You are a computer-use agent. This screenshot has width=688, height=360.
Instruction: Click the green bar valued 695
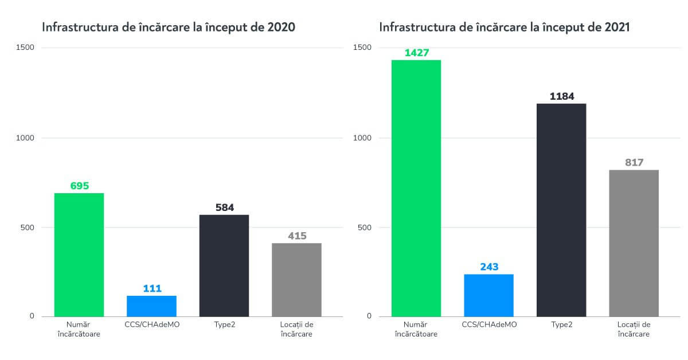[x=79, y=255]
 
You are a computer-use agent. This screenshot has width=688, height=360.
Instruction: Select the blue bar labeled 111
[x=151, y=306]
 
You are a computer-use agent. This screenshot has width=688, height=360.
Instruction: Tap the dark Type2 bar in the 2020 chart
[x=224, y=265]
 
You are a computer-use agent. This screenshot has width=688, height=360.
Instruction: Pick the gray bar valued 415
[x=296, y=280]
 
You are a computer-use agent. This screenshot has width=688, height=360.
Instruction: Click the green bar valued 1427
[x=416, y=188]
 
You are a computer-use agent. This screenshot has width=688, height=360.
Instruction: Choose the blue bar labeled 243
[x=489, y=295]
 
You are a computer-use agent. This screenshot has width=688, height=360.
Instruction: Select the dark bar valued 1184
[x=561, y=210]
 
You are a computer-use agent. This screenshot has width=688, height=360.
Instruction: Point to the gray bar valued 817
[x=634, y=243]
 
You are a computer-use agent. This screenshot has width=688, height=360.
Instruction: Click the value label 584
[x=224, y=208]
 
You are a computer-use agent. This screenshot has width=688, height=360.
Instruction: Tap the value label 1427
[x=416, y=53]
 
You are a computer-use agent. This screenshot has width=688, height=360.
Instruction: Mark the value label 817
[x=634, y=163]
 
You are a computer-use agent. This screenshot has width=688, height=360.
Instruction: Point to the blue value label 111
[x=151, y=288]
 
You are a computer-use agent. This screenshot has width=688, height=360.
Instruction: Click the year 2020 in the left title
[x=282, y=27]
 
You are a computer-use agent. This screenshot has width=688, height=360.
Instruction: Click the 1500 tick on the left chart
[x=26, y=48]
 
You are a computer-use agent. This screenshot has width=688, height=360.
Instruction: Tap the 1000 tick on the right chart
[x=363, y=138]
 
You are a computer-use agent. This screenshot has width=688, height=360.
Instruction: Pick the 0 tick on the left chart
[x=32, y=316]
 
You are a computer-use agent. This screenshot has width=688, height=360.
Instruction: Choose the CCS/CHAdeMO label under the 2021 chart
[x=489, y=324]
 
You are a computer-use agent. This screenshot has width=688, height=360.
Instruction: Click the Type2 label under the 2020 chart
[x=224, y=324]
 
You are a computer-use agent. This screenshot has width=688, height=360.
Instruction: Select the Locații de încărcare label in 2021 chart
[x=634, y=329]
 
